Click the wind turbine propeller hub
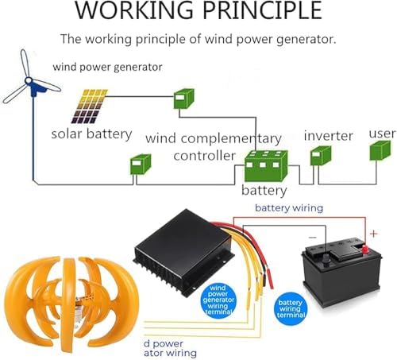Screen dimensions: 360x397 coord(31,83)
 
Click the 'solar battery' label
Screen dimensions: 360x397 coord(91,134)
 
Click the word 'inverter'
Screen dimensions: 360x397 coord(328,136)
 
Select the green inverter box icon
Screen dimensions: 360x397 coord(321,155)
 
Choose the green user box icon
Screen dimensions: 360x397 coord(383,151)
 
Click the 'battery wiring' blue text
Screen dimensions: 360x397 coord(288,208)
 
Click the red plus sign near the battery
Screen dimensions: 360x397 coord(374,234)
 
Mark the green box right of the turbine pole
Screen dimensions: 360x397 coord(141,165)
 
